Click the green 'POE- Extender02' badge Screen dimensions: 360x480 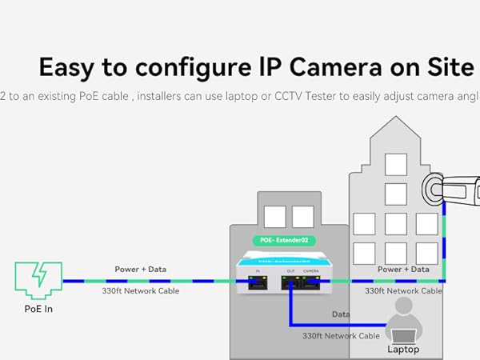pyautogui.click(x=283, y=240)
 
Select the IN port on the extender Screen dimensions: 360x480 pyautogui.click(x=258, y=282)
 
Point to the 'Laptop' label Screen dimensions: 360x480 pyautogui.click(x=403, y=349)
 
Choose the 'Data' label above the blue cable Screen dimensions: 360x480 pyautogui.click(x=342, y=314)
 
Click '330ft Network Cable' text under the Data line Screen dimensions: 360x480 pyautogui.click(x=340, y=336)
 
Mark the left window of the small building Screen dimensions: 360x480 pyautogui.click(x=274, y=217)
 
